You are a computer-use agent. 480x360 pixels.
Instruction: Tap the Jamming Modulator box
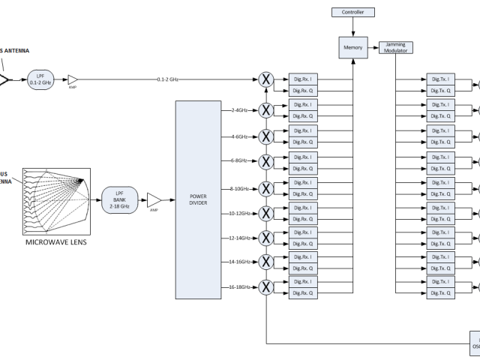click(x=395, y=47)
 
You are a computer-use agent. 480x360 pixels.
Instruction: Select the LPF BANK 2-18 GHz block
click(x=117, y=200)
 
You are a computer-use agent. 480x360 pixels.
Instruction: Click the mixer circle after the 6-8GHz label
click(x=265, y=162)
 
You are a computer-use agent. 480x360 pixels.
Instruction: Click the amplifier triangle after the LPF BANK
click(x=153, y=200)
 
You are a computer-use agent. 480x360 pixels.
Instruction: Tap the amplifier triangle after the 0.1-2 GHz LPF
click(x=73, y=79)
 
